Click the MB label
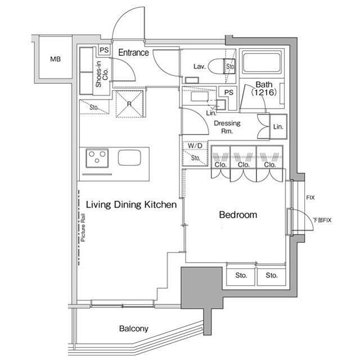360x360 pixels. [x=55, y=59]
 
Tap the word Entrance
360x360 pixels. [x=133, y=52]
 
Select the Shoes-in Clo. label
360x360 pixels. [x=102, y=74]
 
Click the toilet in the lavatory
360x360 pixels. [x=222, y=66]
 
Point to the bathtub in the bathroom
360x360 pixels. [x=262, y=63]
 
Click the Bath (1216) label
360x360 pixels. [x=264, y=88]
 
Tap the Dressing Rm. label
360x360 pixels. [x=227, y=127]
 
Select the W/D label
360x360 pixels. [x=195, y=146]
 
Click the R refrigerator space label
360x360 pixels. [x=129, y=104]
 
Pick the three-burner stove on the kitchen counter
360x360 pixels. [x=97, y=158]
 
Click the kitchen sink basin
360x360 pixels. [x=129, y=157]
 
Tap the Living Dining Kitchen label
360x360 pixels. [x=131, y=205]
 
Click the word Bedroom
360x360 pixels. [x=238, y=215]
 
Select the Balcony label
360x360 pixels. [x=134, y=328]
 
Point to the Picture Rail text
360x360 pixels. [x=83, y=227]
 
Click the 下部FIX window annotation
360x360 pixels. [x=322, y=220]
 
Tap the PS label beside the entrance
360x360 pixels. [x=104, y=50]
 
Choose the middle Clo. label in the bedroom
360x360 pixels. [x=244, y=165]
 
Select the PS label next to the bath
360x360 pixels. [x=229, y=92]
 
